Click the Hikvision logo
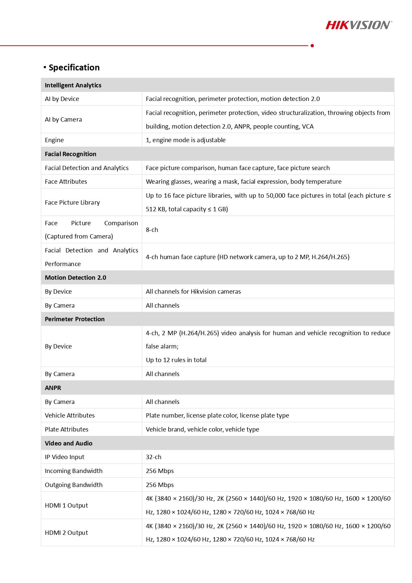tap(359, 25)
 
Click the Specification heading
tap(74, 67)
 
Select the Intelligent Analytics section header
tap(73, 85)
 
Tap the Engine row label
tap(54, 140)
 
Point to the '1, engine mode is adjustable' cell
tap(185, 140)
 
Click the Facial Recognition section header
tap(70, 154)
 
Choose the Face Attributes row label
tap(66, 182)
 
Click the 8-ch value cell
tap(152, 230)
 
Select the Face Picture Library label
tap(72, 202)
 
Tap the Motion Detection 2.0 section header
tap(75, 278)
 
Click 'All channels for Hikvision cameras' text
tap(193, 292)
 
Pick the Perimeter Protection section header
tap(74, 319)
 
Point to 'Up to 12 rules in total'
tap(176, 360)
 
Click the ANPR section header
tap(53, 388)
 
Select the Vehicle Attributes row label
tap(70, 416)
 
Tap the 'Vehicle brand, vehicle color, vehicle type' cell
tap(202, 430)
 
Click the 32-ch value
tap(154, 457)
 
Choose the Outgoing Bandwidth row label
tap(73, 485)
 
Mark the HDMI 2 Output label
tap(66, 533)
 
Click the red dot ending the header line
tap(312, 46)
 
